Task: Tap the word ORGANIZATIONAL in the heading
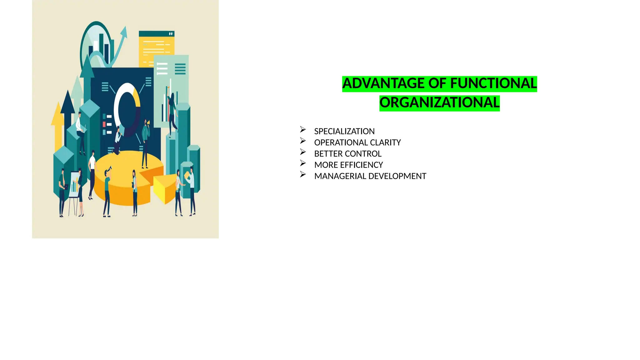(x=439, y=103)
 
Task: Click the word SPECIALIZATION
(x=344, y=131)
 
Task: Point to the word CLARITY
(x=385, y=142)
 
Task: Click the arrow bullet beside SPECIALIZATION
(x=302, y=129)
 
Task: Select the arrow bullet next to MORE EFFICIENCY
(x=302, y=163)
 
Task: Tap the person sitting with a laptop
(x=80, y=131)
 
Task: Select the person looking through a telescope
(x=107, y=191)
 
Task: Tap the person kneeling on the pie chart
(x=117, y=141)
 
